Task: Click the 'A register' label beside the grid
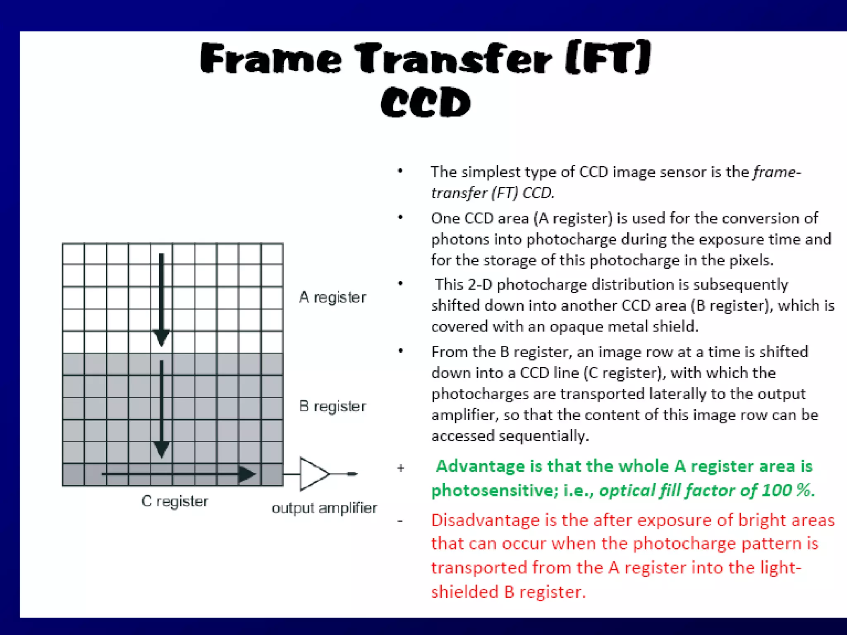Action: coord(333,297)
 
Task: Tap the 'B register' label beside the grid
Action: coord(333,406)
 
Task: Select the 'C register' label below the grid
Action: coord(175,501)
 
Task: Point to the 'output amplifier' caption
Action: coord(324,508)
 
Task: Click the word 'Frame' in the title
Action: coord(271,59)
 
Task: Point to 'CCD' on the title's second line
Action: coord(426,103)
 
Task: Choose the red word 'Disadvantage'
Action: coord(486,520)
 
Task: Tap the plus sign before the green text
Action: coord(400,468)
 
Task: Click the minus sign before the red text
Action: coord(400,521)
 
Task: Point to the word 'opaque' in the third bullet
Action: coord(575,327)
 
